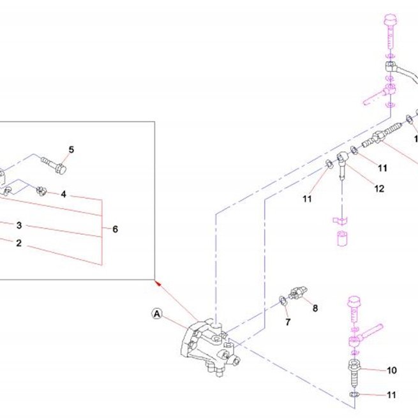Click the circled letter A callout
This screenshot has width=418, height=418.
(x=157, y=313)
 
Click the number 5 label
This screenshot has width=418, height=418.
(x=71, y=150)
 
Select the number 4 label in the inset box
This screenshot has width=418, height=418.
(x=63, y=194)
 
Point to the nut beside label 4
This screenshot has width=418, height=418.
(x=41, y=191)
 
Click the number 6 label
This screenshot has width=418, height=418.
(x=115, y=229)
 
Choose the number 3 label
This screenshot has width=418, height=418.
(x=19, y=225)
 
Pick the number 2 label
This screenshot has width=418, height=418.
(x=19, y=243)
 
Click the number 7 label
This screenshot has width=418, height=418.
(x=288, y=322)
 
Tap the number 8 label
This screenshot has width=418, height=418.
(x=315, y=308)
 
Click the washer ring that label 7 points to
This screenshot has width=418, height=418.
(x=282, y=301)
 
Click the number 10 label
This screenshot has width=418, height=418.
(x=392, y=370)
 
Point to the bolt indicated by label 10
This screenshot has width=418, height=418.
(x=354, y=375)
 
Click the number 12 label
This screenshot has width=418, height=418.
(x=379, y=189)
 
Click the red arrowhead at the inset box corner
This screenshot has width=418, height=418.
(x=158, y=283)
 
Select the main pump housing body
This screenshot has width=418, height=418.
(x=210, y=347)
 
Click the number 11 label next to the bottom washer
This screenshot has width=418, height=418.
(x=391, y=395)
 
